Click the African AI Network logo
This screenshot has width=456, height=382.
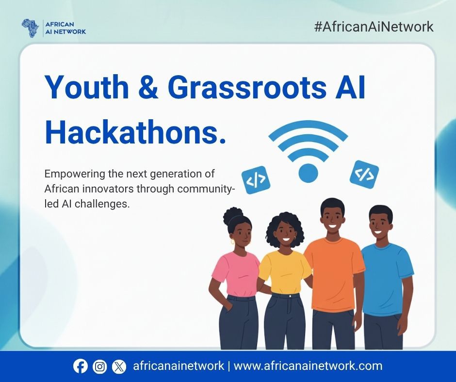point(53,28)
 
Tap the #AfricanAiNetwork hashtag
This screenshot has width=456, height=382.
point(374,27)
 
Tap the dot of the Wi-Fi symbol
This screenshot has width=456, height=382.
point(308,172)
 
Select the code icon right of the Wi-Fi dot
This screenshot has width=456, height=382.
point(364,174)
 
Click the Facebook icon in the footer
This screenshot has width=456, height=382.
point(81,366)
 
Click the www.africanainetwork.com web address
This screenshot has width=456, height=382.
point(308,366)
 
